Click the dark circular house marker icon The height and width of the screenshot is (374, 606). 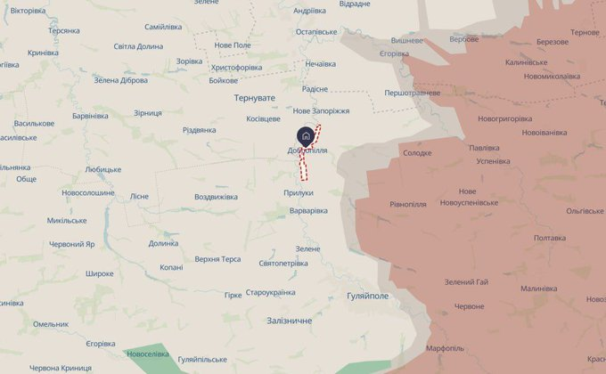click(306, 135)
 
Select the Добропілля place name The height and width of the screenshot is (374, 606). click(307, 150)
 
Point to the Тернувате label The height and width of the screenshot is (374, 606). click(255, 97)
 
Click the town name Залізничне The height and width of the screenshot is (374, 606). click(290, 320)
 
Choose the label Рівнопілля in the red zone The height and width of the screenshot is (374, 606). click(408, 204)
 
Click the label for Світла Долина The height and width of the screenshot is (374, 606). click(138, 46)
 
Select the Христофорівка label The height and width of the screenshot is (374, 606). click(236, 67)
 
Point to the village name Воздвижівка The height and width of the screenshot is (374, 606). click(216, 196)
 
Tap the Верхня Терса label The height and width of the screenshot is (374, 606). click(217, 259)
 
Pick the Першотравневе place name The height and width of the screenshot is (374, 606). click(412, 93)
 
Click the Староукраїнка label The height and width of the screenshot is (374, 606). click(270, 293)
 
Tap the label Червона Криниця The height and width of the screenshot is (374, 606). click(61, 368)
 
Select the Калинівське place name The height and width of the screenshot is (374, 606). click(526, 63)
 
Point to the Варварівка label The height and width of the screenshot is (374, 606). click(308, 211)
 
